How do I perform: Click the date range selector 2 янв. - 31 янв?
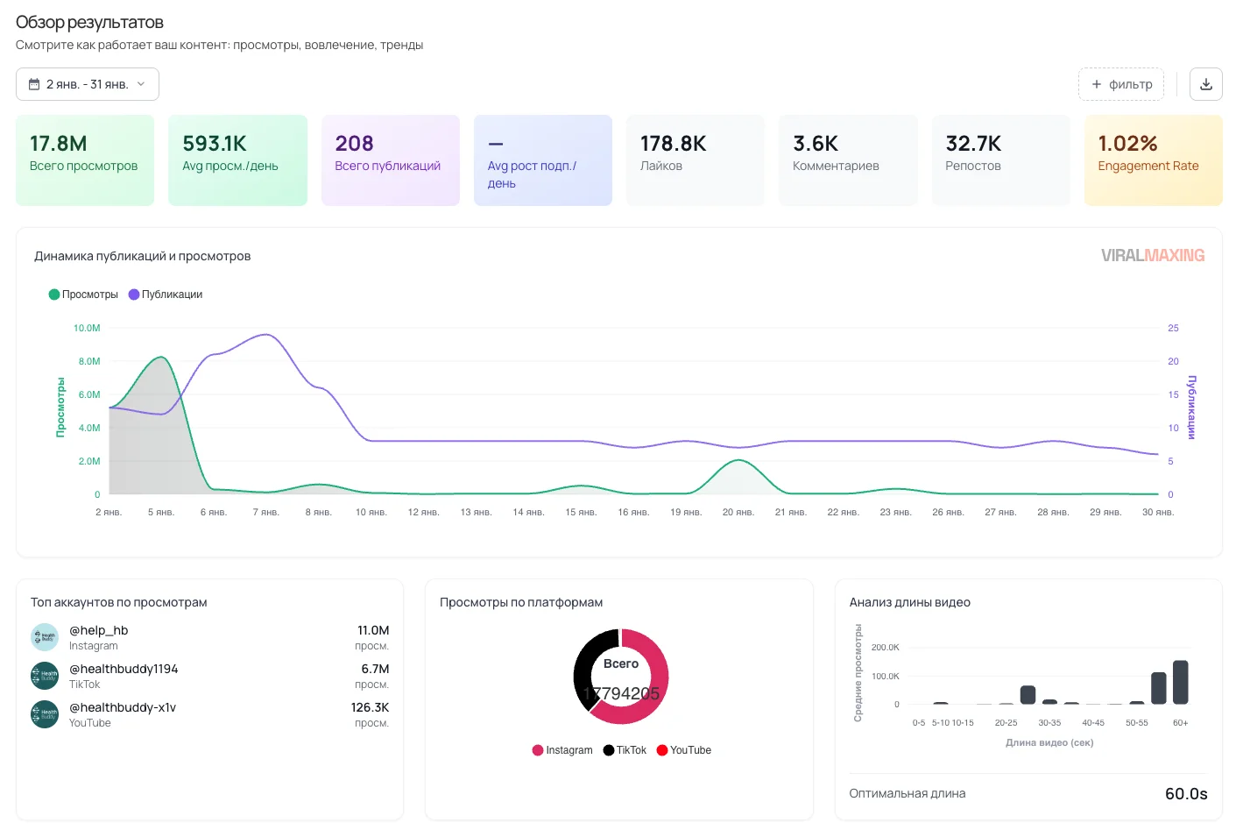tap(88, 84)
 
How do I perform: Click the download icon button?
tap(1205, 84)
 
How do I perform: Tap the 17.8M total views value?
tap(59, 143)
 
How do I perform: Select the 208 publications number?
tap(354, 143)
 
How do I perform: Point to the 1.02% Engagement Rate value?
tap(1127, 143)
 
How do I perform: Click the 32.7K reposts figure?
tap(973, 143)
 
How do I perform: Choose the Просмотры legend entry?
tap(83, 294)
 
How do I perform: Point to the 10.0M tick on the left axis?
tap(87, 328)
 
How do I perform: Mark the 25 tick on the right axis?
tap(1173, 328)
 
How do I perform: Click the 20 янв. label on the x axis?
tap(738, 512)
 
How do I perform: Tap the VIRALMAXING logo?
tap(1152, 255)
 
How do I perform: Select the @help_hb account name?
tap(99, 630)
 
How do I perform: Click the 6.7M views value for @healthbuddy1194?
tap(375, 669)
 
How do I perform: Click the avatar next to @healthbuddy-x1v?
tap(44, 714)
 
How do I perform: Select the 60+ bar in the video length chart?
tap(1180, 682)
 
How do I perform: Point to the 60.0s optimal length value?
tap(1185, 793)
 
